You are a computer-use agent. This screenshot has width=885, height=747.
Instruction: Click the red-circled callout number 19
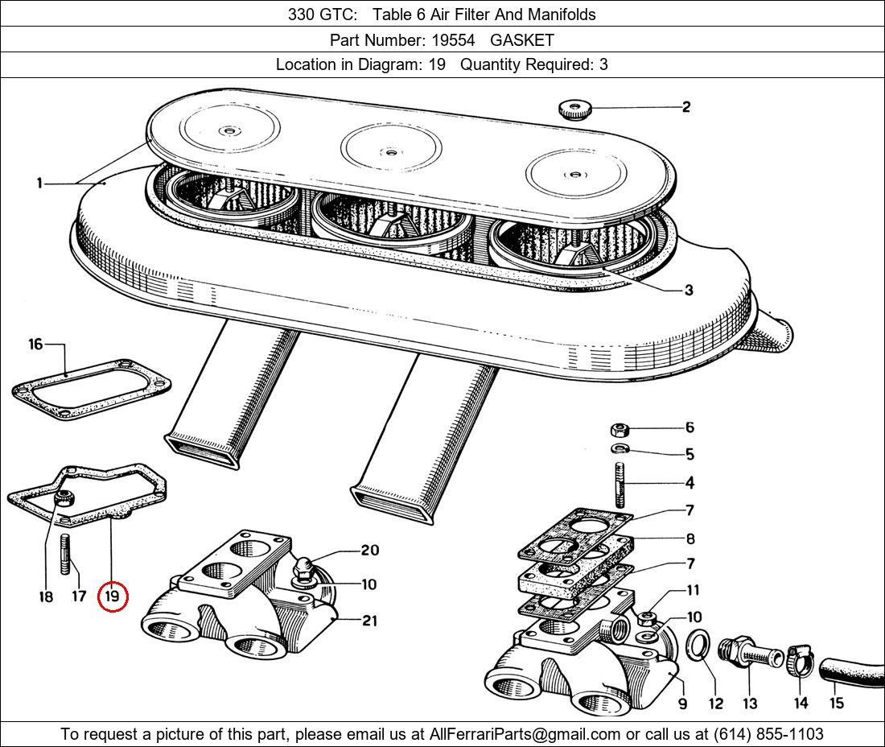point(112,597)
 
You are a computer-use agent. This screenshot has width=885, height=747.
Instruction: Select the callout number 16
point(35,345)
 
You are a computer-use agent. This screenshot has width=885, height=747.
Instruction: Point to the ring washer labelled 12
point(698,645)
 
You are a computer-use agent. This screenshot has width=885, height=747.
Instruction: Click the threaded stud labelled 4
point(621,482)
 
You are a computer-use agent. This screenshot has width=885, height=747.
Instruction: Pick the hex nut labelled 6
point(620,428)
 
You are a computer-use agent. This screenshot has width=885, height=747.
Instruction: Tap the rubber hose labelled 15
point(849,674)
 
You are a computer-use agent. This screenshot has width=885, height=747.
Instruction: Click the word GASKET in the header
point(522,39)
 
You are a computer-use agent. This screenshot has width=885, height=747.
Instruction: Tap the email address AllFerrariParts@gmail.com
point(525,734)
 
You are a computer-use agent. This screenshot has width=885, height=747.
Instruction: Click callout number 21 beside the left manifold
point(370,621)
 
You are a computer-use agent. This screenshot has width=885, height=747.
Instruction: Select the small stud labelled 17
point(65,555)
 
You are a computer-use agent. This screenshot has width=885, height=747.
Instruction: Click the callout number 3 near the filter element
point(689,290)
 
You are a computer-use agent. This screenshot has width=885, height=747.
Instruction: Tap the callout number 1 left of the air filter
point(39,184)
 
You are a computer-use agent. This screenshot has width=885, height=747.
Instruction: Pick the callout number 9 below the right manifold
point(682,704)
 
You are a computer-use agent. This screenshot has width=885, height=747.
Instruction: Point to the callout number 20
point(369,551)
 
